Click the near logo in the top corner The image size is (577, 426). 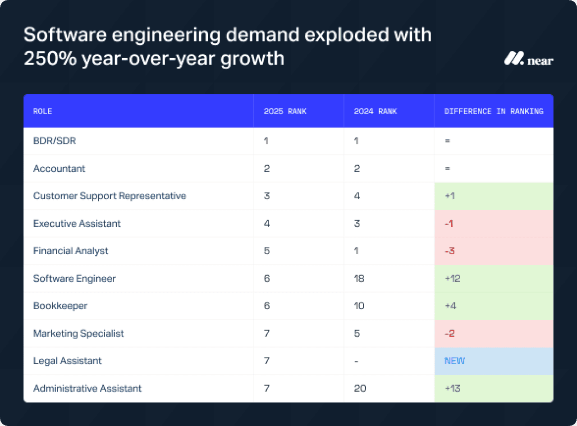point(528,59)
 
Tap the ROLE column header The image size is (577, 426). point(43,111)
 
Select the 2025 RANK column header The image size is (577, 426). point(285,111)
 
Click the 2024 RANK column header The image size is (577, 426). point(375,111)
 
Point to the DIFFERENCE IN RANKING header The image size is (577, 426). point(494,111)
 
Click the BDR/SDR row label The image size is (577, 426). point(55,141)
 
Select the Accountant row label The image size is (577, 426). point(59,168)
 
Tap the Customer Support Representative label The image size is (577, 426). point(110,196)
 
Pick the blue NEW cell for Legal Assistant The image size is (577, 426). point(454,361)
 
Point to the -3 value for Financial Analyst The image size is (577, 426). point(449,251)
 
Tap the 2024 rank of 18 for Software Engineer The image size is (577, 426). point(359,278)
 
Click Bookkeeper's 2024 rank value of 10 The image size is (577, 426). point(359,306)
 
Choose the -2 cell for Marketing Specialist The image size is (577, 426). point(449,333)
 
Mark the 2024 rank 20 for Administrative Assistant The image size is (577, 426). point(360,388)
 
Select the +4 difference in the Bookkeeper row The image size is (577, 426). point(451,306)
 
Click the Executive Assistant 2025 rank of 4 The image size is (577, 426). point(267,223)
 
